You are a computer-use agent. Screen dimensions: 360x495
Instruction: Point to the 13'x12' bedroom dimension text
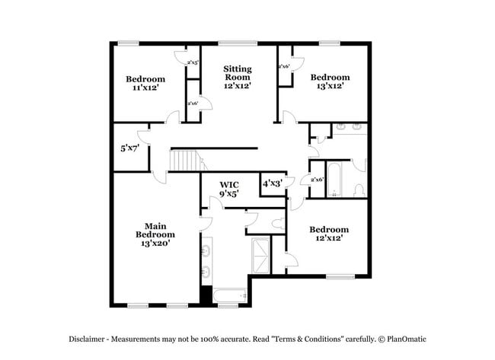[x=330, y=87]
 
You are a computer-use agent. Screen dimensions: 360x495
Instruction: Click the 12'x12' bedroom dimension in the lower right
[x=329, y=238]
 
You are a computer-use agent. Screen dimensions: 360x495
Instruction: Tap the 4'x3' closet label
[x=272, y=183]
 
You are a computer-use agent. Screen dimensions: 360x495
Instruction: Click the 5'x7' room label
[x=130, y=148]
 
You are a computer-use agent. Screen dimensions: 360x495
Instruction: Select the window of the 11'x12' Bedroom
[x=129, y=43]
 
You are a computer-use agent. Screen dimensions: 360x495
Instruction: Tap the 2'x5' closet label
[x=193, y=62]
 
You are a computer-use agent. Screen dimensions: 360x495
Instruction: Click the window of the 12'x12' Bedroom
[x=340, y=276]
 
